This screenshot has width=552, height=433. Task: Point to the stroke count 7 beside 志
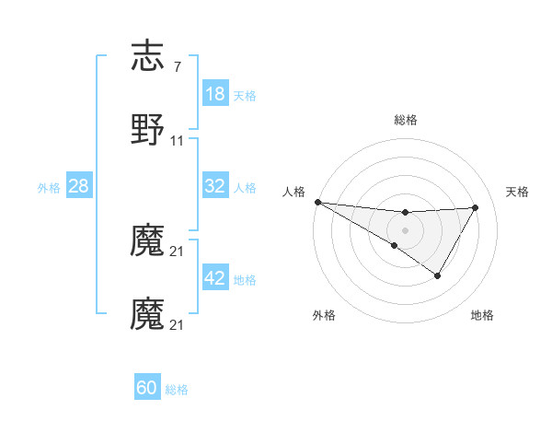click(x=177, y=68)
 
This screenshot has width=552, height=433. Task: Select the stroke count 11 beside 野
click(x=178, y=141)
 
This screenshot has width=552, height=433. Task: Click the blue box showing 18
click(x=215, y=94)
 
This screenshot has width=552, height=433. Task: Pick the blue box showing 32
click(x=215, y=186)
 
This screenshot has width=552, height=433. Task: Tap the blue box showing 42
click(x=215, y=278)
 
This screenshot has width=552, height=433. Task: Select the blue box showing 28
click(x=79, y=186)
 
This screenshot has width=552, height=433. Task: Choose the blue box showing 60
click(x=147, y=388)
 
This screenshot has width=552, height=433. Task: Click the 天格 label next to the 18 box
click(x=245, y=95)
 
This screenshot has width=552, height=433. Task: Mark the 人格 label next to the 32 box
click(x=245, y=187)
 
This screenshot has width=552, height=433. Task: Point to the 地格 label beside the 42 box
click(x=245, y=279)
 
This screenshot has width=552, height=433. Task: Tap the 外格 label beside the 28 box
click(x=49, y=187)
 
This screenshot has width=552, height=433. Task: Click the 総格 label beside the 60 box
click(x=177, y=389)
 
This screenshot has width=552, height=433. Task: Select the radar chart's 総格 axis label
click(x=405, y=120)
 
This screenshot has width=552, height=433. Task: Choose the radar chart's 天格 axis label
click(x=518, y=192)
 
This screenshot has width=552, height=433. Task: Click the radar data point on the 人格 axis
click(x=317, y=202)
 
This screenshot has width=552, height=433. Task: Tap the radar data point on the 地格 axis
click(x=438, y=275)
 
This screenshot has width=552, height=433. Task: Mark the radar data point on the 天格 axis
click(x=476, y=207)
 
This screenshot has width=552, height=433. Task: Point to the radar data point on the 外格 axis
click(x=395, y=245)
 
